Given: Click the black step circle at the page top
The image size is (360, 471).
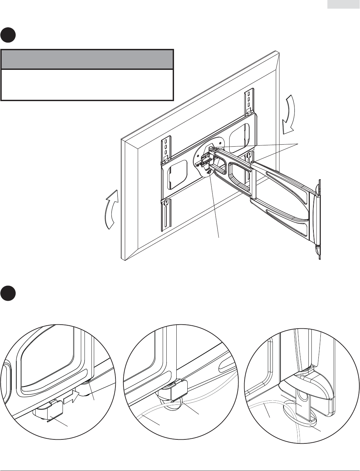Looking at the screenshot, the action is coord(8,35).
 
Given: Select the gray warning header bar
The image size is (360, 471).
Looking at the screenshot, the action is coord(87,60).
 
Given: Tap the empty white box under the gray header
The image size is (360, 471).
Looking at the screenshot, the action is coord(87,84).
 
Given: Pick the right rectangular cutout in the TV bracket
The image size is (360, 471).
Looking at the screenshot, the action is coord(239,136).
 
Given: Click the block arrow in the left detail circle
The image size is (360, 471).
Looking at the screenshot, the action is coord(71,396).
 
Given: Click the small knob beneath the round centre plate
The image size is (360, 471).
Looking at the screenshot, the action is coord(209,172).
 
